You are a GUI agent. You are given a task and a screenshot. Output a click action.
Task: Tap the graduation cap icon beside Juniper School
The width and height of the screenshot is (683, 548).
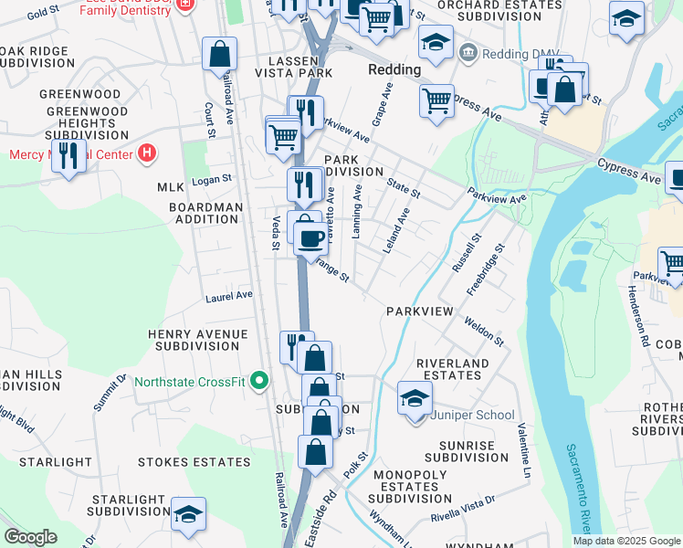point(415,398)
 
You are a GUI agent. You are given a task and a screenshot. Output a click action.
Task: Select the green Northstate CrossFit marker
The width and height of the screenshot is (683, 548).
point(260,381)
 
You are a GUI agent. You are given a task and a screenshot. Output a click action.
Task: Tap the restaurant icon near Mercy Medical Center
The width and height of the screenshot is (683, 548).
point(68,156)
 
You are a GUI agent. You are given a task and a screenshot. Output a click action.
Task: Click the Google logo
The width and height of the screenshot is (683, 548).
point(30,537)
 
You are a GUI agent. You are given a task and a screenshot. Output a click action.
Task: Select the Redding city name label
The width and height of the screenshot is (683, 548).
point(394,69)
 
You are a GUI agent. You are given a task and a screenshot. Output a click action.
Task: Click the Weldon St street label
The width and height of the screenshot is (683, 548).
point(483,330)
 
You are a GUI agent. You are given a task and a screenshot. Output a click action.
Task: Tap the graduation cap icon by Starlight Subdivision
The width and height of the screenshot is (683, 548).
point(188,514)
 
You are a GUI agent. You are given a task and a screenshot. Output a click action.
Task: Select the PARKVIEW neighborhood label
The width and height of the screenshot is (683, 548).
point(419,311)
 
